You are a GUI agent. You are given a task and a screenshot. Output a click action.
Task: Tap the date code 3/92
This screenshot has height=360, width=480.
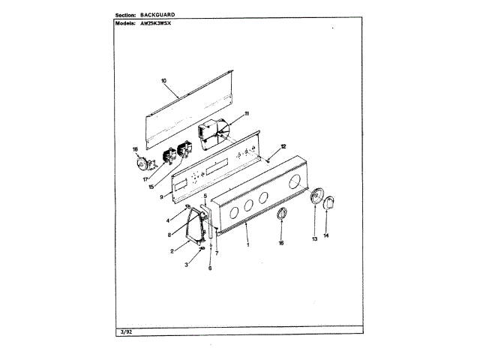coord(126,330)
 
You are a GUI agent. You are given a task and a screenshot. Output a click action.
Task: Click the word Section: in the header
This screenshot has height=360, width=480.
coord(131,15)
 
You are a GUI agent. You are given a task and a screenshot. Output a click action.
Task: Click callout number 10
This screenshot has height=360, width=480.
coord(163,81)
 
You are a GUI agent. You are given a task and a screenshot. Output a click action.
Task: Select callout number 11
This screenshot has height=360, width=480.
coord(245,113)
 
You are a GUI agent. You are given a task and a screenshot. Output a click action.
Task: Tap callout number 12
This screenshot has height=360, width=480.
coord(283,146)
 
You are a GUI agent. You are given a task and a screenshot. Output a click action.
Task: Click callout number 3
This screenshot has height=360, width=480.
coord(186,265)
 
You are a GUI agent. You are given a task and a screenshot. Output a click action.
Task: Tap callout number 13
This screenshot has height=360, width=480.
coord(314,238)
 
